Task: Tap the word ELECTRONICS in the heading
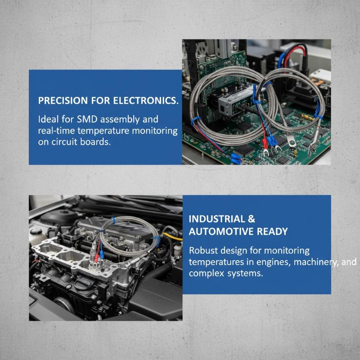(x=145, y=100)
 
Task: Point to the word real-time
(x=56, y=130)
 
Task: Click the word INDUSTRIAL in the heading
(x=217, y=219)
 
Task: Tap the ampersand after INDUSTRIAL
(x=252, y=219)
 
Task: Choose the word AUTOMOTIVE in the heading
(x=221, y=231)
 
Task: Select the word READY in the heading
(x=272, y=231)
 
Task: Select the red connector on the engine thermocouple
(x=97, y=256)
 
